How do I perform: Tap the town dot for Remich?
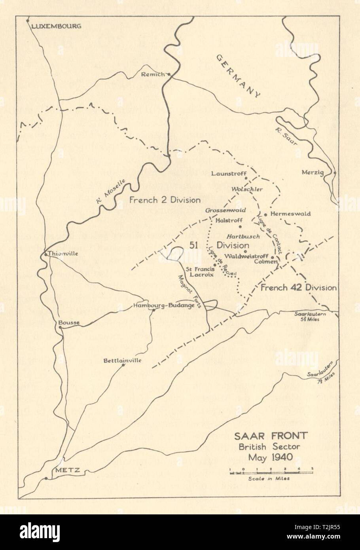tap(169, 74)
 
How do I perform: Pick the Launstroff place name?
tap(229, 173)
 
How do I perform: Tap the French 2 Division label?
tap(165, 200)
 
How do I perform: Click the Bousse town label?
tap(69, 322)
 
